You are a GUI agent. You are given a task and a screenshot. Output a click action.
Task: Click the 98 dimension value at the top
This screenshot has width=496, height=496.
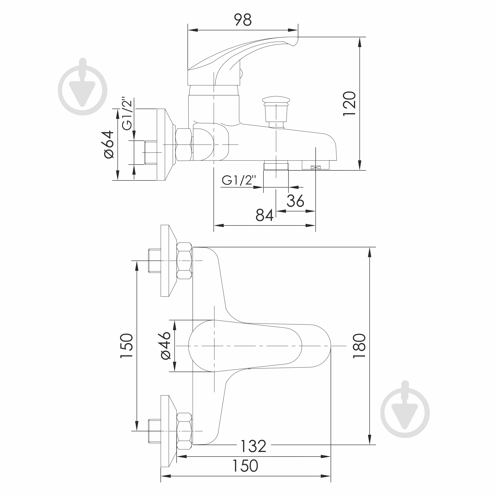(243, 20)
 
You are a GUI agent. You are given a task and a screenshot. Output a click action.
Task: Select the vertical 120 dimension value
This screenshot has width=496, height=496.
(350, 104)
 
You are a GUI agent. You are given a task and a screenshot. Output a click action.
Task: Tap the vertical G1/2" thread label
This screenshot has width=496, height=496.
(127, 114)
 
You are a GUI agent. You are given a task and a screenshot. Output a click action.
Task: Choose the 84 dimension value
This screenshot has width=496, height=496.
(264, 215)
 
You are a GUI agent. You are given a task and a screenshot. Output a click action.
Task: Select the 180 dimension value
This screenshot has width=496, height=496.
(359, 346)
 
